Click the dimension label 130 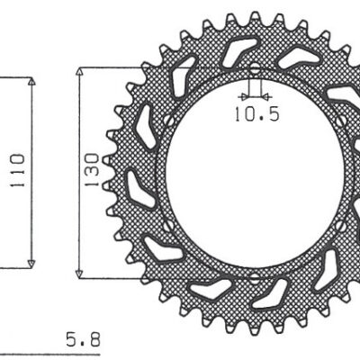point(91,171)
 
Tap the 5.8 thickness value point(84,339)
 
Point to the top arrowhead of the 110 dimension point(32,82)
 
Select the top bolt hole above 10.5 point(254,68)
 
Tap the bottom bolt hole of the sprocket point(254,274)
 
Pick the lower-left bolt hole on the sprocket point(167,224)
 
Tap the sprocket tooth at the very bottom point(255,325)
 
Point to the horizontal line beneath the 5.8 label point(54,353)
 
